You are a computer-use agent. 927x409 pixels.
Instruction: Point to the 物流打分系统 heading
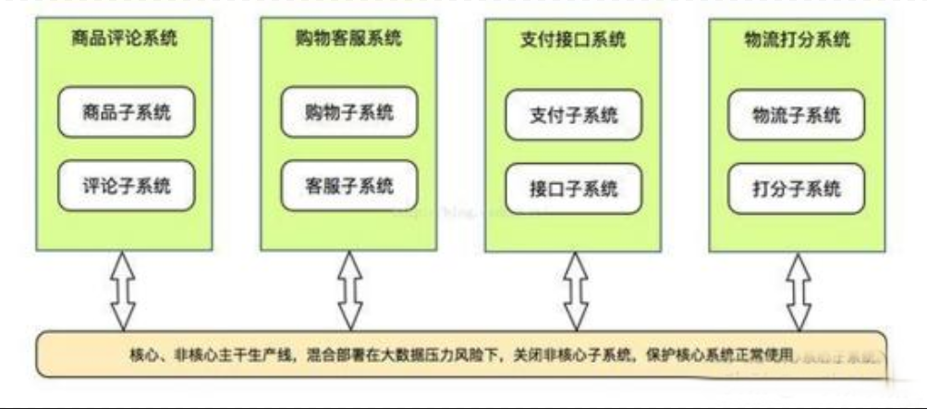coord(796,41)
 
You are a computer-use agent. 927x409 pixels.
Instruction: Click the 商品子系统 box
coord(127,113)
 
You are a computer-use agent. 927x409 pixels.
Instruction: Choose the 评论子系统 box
coord(127,185)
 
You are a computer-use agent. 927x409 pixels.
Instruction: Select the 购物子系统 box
coord(348,113)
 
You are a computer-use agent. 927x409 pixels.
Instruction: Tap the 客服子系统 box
coord(348,185)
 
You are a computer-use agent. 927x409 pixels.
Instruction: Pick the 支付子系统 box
coord(573,118)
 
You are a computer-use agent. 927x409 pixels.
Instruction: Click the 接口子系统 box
coord(573,190)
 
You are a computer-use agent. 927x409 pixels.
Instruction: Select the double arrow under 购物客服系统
coord(348,291)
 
